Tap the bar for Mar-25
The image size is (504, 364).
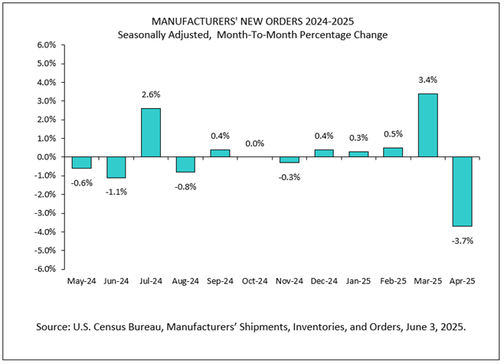tap(427, 126)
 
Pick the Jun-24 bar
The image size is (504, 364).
tap(116, 167)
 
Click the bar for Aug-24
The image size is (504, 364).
tap(185, 165)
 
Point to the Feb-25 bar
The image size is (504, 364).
tap(394, 152)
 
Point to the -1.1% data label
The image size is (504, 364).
tap(116, 192)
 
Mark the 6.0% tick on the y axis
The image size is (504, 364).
tap(46, 45)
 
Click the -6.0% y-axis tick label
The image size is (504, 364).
tap(44, 269)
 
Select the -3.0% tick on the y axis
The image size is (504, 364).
tap(44, 213)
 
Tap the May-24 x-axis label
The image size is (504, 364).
tap(82, 282)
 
